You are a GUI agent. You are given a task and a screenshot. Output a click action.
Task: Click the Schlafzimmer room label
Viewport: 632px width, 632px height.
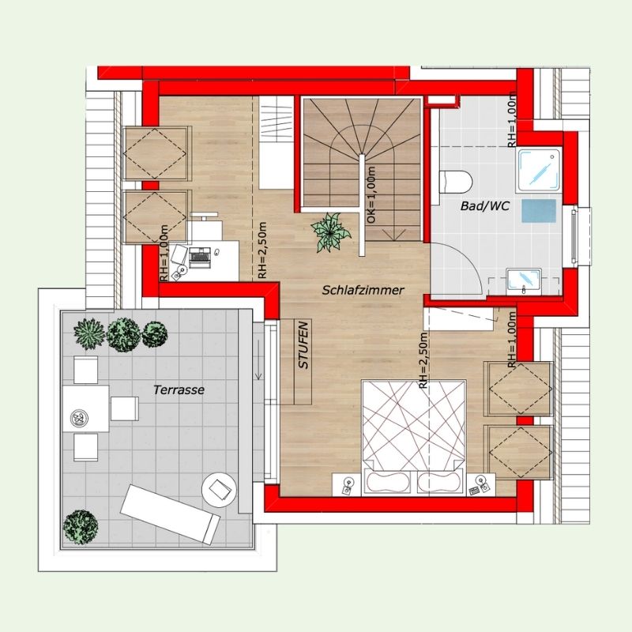tap(363, 290)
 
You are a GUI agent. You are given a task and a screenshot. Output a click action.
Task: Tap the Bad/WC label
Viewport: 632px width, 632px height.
tap(485, 206)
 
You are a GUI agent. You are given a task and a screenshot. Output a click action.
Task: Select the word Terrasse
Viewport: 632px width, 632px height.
tap(179, 389)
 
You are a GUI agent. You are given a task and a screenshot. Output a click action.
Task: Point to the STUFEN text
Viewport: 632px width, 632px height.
tap(303, 345)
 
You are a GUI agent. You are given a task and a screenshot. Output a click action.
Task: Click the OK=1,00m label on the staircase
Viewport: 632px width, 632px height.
tap(371, 194)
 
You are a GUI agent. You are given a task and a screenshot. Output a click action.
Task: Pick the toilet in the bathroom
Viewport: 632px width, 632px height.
tap(456, 182)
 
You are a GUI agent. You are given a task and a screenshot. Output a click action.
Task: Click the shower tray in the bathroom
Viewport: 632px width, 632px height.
tap(539, 170)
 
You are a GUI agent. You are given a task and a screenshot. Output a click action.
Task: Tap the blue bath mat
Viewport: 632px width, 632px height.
tap(539, 211)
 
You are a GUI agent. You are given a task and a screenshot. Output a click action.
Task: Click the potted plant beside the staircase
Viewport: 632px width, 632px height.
tap(330, 232)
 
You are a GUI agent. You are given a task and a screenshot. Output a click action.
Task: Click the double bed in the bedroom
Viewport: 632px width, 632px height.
tap(414, 437)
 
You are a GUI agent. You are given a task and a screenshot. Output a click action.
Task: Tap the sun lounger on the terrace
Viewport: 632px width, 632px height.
tap(171, 514)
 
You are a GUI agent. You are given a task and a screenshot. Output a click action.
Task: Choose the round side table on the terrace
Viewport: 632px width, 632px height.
tap(219, 489)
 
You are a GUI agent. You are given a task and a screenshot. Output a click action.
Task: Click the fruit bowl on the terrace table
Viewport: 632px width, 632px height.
tap(78, 417)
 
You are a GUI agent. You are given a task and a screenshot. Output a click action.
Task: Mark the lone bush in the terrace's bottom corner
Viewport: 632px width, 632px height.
tap(81, 527)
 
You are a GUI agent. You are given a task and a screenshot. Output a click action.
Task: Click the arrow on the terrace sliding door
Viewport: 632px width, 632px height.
tap(258, 359)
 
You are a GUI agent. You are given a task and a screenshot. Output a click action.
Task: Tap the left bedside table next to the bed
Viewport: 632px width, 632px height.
tap(346, 484)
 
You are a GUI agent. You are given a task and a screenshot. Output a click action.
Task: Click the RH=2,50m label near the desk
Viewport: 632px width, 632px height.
tap(262, 250)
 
